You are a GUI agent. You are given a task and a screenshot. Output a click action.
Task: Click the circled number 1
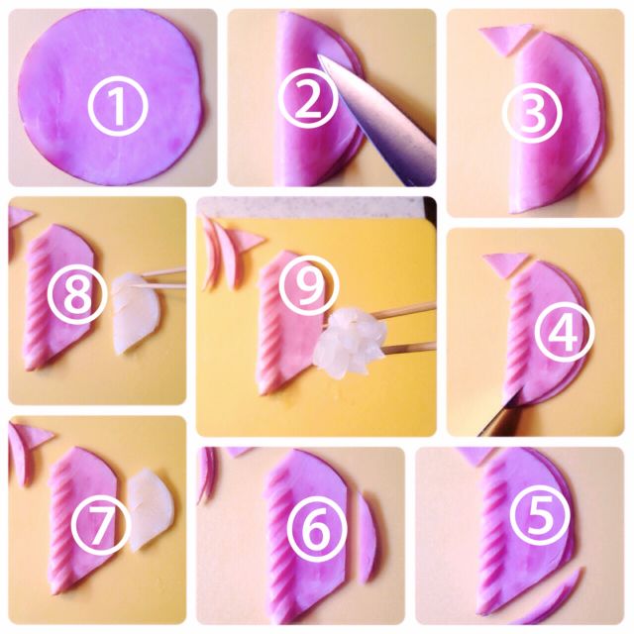(x=117, y=107)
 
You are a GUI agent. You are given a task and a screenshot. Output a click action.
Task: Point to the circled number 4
(x=565, y=332)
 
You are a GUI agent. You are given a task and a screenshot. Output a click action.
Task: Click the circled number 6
(x=317, y=531)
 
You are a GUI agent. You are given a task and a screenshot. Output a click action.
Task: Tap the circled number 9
(x=306, y=283)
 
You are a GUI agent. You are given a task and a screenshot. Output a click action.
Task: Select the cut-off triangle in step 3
(x=505, y=40)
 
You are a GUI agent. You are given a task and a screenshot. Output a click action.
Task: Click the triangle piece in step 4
(x=506, y=264)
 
